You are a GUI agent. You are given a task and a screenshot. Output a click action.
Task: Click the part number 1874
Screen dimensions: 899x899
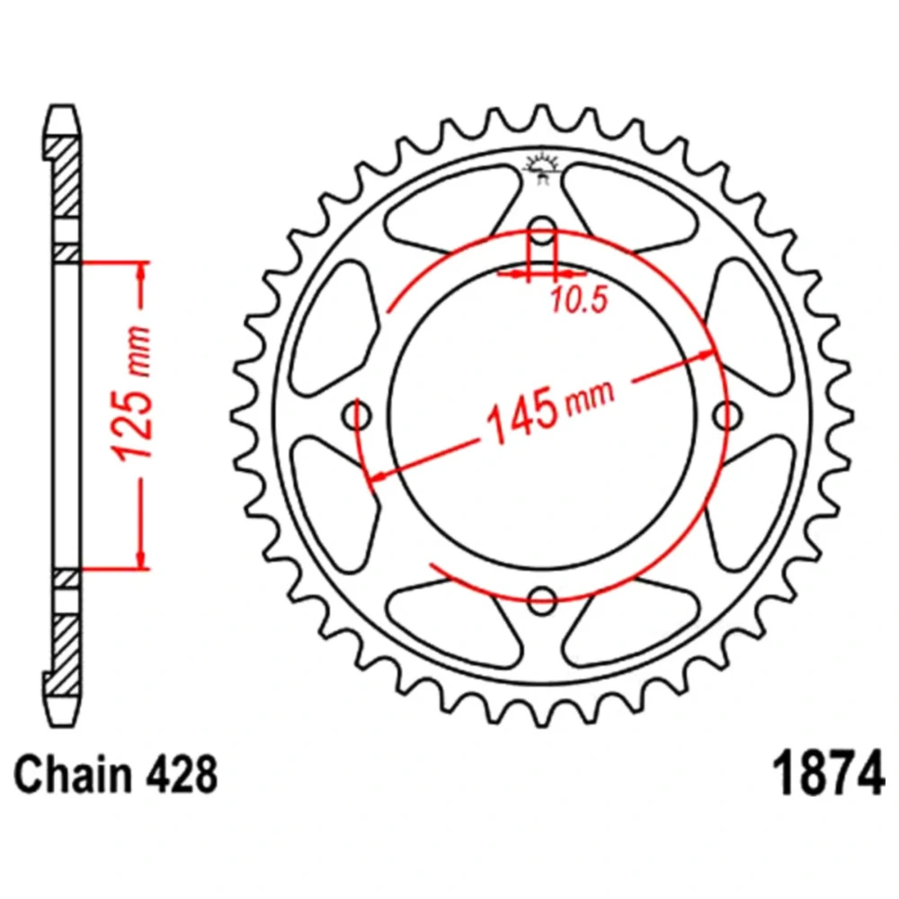(829, 773)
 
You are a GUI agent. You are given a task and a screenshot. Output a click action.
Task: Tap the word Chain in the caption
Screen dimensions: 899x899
(73, 775)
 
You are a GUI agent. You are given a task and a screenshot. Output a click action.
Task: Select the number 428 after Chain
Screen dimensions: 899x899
(182, 775)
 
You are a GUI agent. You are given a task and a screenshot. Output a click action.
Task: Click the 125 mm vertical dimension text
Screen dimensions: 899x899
(134, 394)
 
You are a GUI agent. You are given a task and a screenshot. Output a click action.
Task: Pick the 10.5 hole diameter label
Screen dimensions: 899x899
(578, 300)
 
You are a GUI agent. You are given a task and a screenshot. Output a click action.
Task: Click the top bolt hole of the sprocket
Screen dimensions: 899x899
(542, 232)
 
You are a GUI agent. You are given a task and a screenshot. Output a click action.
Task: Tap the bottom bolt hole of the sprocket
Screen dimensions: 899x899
(542, 601)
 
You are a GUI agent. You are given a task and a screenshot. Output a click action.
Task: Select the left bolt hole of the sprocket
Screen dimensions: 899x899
(357, 415)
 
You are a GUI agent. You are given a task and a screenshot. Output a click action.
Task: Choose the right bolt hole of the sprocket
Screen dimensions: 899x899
(727, 415)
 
